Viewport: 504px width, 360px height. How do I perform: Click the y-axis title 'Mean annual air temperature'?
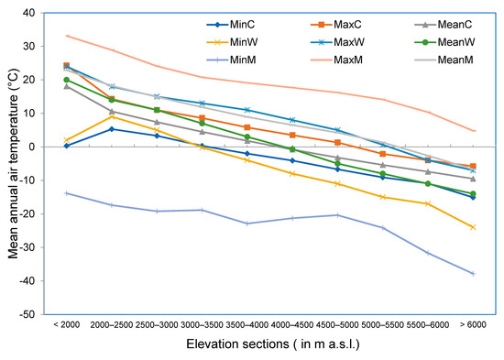click(x=13, y=163)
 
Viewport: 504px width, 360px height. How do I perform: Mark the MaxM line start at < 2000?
click(x=67, y=36)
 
